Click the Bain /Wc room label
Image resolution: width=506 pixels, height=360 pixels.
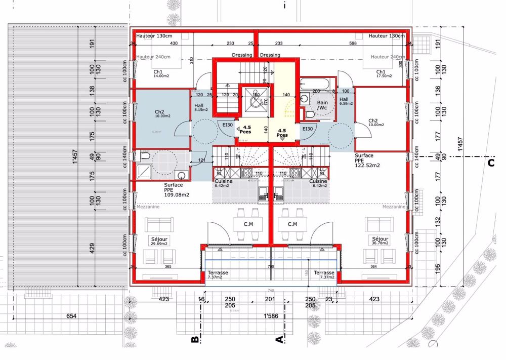(x=322, y=105)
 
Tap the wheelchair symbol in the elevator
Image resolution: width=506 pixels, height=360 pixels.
(x=256, y=99)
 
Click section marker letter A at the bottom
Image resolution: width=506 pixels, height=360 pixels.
(x=277, y=340)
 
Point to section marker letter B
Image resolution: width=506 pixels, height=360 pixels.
(x=193, y=340)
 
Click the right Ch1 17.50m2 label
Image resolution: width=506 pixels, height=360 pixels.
(x=381, y=73)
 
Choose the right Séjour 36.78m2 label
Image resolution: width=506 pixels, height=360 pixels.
(x=380, y=241)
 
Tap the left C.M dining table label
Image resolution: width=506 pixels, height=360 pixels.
(x=247, y=223)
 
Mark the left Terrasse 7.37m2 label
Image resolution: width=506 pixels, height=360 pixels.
(x=218, y=274)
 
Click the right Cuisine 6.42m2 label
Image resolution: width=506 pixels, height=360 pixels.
(x=318, y=183)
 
